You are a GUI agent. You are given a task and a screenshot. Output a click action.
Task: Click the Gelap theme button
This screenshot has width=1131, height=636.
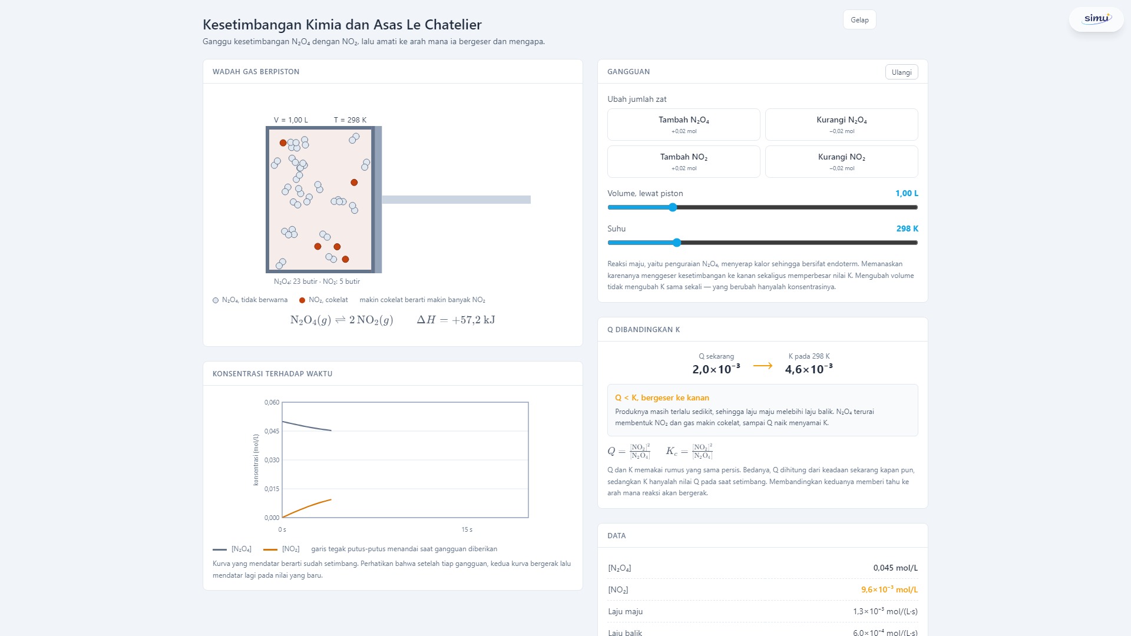859,20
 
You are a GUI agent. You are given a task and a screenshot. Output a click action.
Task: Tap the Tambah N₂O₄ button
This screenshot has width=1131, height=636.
684,124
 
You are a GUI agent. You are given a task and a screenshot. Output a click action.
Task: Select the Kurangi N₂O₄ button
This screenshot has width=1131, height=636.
842,124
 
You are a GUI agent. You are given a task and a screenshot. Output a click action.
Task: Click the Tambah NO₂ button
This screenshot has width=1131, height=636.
684,161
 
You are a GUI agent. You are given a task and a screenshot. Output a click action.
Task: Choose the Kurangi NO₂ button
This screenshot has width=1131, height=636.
842,161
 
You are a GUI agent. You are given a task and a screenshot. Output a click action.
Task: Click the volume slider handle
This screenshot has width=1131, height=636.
673,207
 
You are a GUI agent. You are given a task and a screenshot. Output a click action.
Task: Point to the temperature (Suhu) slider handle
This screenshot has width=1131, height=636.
677,243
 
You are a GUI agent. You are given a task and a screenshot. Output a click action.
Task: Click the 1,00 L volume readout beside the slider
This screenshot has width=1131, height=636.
907,193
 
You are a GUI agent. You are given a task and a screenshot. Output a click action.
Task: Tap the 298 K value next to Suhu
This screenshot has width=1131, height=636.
907,228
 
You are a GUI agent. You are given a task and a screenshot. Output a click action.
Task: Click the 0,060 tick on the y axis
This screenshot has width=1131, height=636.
272,403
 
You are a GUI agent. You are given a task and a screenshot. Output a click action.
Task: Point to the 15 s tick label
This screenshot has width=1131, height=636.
467,530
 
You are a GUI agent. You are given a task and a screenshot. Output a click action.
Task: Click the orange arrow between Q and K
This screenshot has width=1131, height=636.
763,366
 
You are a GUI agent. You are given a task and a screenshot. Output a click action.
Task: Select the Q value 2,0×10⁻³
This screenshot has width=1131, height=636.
716,369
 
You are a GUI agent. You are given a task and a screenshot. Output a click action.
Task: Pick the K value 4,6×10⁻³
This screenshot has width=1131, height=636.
809,369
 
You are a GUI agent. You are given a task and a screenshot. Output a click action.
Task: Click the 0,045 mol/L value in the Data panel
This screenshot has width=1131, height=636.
895,568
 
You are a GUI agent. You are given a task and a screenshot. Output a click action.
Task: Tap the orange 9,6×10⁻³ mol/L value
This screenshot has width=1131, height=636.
889,589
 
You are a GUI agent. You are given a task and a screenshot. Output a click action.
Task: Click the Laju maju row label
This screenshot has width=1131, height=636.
625,612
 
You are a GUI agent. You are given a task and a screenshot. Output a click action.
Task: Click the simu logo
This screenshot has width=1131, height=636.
1097,19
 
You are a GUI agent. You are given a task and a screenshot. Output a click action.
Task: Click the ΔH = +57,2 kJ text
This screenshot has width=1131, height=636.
456,320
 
